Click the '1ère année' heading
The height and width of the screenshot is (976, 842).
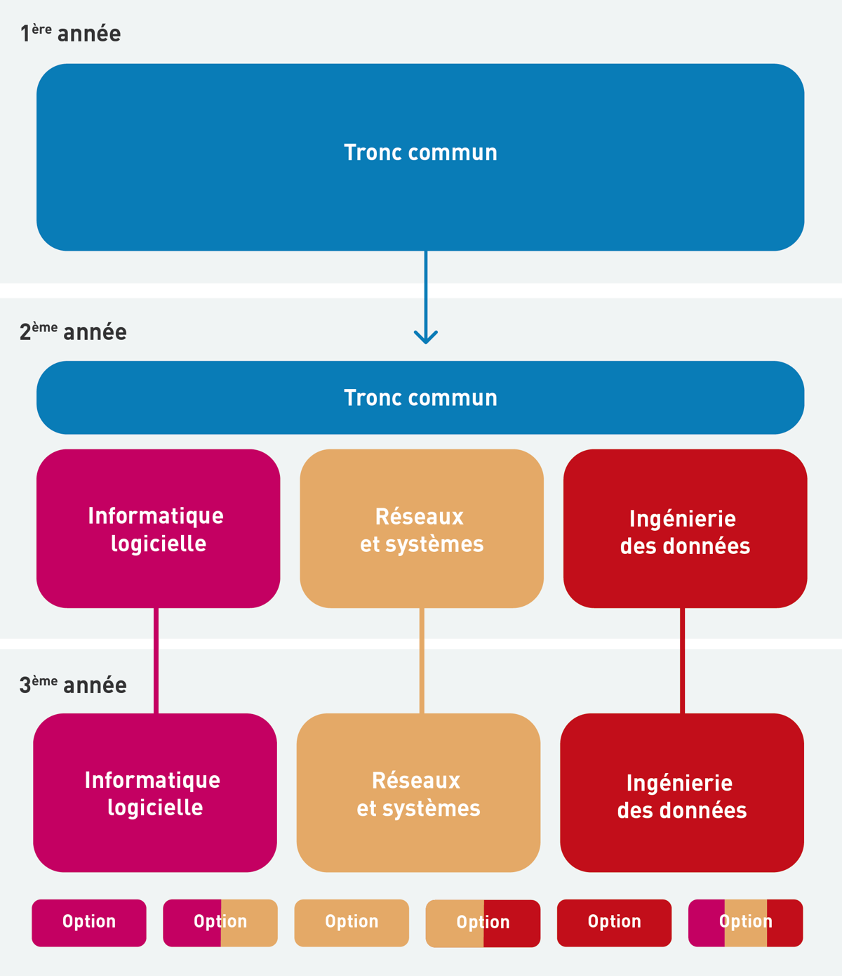coord(70,33)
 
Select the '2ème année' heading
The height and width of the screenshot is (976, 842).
coord(73,331)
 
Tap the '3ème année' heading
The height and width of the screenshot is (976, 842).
coord(73,685)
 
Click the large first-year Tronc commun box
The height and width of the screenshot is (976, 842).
coord(420,157)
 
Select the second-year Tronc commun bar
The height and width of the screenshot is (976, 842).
coord(420,397)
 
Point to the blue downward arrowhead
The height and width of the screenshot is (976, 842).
coord(426,336)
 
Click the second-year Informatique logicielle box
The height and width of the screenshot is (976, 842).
coord(158,529)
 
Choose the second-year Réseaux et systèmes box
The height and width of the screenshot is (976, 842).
coord(422,529)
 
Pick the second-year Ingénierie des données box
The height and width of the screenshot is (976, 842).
coord(685,529)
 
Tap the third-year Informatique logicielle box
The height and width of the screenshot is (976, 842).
coord(154,793)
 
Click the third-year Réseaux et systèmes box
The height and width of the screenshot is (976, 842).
coord(418,793)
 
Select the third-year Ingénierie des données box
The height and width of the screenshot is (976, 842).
coord(681,793)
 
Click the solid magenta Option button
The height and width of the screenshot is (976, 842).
coord(89,923)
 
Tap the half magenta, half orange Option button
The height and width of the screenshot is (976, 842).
coord(220,923)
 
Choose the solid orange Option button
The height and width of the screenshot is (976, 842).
coord(352,923)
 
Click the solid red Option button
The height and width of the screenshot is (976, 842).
coord(614,923)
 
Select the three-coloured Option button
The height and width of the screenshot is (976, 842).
coord(745,923)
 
